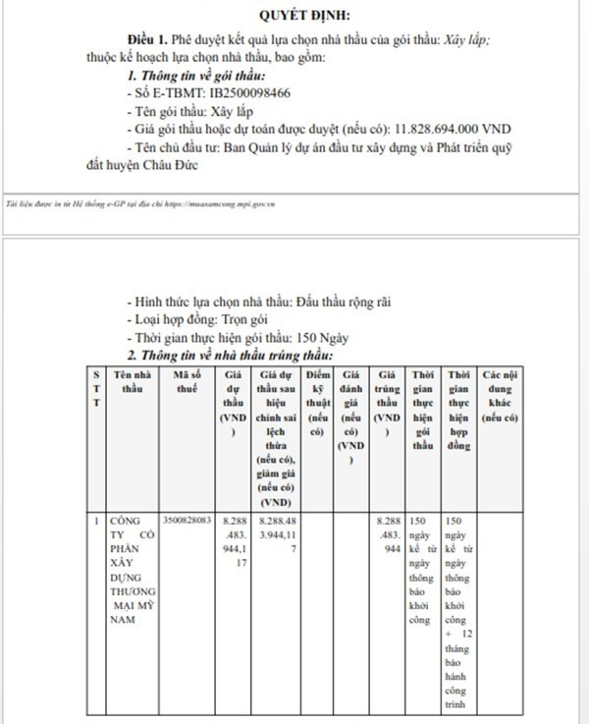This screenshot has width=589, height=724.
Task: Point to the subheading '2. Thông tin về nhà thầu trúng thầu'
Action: pyautogui.click(x=232, y=354)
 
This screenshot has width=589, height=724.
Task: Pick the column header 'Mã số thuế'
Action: pyautogui.click(x=190, y=381)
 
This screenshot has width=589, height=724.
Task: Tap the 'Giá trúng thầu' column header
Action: pyautogui.click(x=388, y=403)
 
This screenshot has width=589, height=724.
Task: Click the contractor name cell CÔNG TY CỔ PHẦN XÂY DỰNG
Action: pyautogui.click(x=132, y=570)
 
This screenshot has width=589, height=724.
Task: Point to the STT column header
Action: pyautogui.click(x=95, y=388)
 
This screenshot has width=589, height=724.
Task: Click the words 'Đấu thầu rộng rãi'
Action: pyautogui.click(x=344, y=302)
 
